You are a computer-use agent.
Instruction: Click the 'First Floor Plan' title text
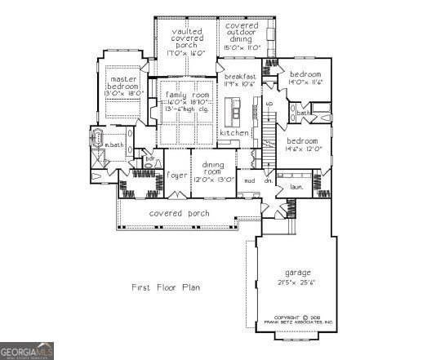[166, 287]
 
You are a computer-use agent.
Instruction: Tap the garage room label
[297, 272]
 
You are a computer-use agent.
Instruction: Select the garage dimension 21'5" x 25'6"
[297, 282]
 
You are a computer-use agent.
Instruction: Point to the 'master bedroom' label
[124, 82]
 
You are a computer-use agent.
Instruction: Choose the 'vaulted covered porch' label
[188, 40]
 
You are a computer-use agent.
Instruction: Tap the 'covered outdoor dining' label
[242, 37]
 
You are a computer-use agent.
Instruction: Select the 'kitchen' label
[234, 132]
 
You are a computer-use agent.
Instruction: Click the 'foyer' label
[177, 174]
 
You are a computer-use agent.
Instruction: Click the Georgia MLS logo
[27, 351]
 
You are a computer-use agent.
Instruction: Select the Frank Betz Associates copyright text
[303, 320]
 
